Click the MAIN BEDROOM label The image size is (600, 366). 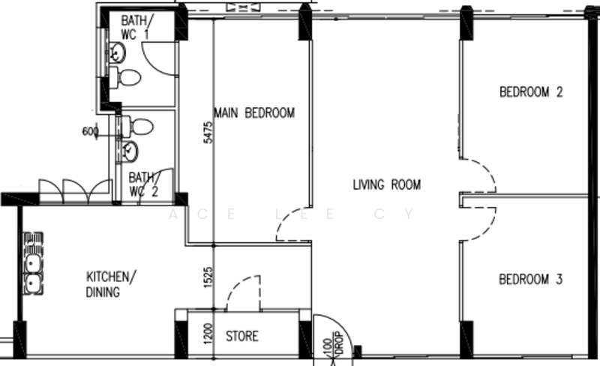click(254, 113)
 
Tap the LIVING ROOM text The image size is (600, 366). click(387, 184)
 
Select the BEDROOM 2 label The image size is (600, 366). click(531, 93)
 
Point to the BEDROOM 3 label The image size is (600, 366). click(531, 280)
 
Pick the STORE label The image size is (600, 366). click(242, 337)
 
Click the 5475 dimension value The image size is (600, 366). click(208, 133)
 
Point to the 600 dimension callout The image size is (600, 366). click(90, 131)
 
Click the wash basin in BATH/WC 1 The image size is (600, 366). click(117, 52)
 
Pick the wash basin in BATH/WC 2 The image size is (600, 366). click(130, 151)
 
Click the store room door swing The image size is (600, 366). click(244, 292)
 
